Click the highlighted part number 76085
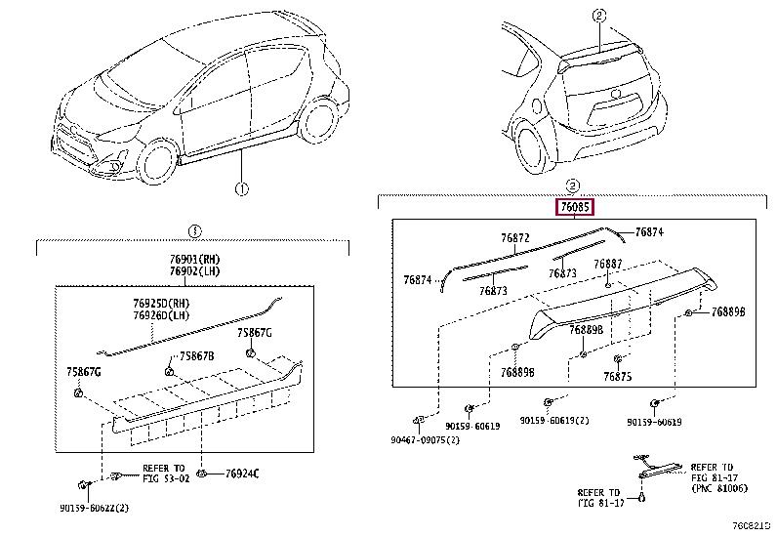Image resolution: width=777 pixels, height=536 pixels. (575, 207)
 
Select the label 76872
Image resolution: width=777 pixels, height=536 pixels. (515, 238)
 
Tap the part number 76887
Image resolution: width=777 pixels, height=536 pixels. (607, 264)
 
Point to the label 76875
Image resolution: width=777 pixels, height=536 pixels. (618, 377)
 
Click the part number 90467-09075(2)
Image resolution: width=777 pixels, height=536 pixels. (425, 440)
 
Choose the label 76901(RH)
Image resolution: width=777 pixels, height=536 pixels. (194, 259)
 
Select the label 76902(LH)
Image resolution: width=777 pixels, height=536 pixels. (194, 271)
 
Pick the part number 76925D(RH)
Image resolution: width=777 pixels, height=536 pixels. (161, 303)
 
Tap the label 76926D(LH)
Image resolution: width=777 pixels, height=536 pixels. (161, 315)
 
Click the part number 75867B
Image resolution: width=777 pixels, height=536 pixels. (197, 356)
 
